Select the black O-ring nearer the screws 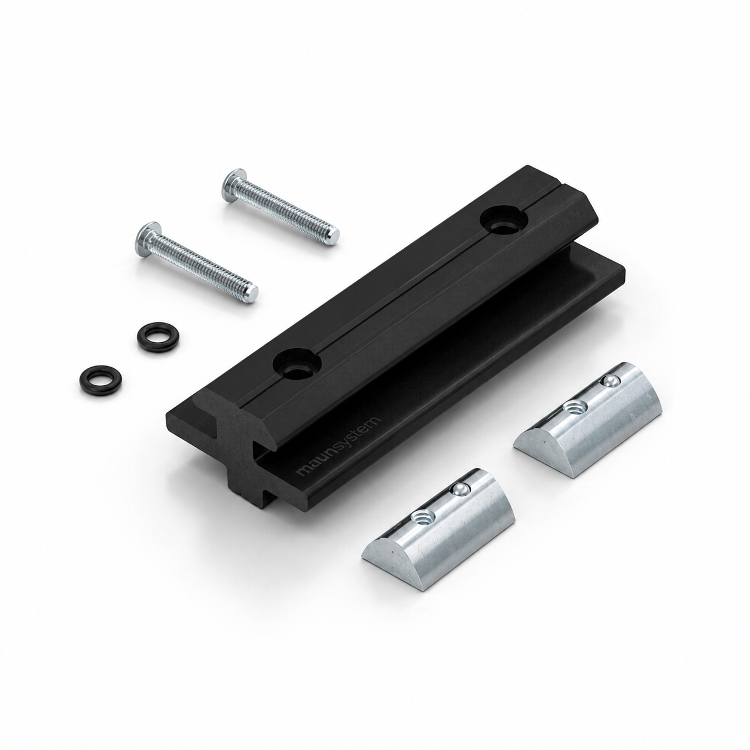click(x=158, y=337)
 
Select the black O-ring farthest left click(x=100, y=379)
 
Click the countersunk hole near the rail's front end click(x=297, y=364)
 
